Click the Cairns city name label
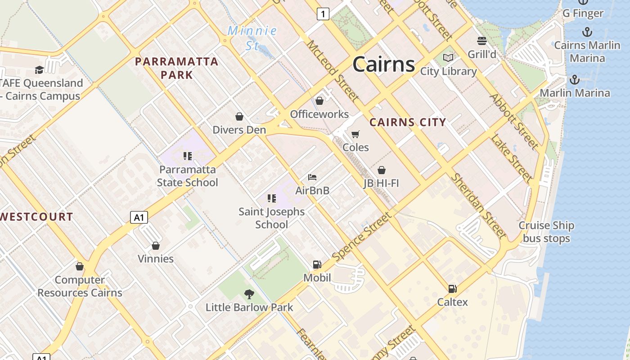pos(383,64)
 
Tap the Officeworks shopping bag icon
pos(319,101)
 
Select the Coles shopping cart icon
pos(355,134)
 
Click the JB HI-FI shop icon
pos(382,170)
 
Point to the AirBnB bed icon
pos(312,177)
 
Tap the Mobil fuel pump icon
pos(317,265)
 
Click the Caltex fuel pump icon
pos(452,289)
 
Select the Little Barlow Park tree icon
pos(249,294)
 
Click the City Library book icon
pos(448,58)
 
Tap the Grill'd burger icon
pos(482,41)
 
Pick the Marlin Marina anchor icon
pos(575,80)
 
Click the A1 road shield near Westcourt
pos(139,217)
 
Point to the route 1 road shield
pos(323,14)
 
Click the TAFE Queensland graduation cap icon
pos(39,70)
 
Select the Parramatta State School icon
pos(188,156)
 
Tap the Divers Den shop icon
pos(239,117)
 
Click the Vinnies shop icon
pos(156,246)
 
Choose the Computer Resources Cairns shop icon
pos(80,267)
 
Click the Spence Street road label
pos(362,237)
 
